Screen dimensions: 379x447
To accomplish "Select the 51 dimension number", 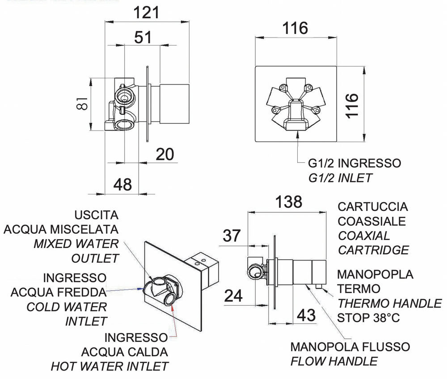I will (143, 38).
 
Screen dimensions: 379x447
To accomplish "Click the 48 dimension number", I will (121, 184).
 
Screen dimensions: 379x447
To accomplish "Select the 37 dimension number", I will (232, 236).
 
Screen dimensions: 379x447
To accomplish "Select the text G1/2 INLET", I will (340, 178).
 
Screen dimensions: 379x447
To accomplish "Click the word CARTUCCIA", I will (373, 207).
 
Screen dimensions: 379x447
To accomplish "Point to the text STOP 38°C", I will (368, 318).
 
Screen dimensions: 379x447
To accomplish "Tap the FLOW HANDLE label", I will (334, 361).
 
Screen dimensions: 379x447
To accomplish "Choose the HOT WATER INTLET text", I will (110, 366).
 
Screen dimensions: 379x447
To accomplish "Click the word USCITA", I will (97, 215).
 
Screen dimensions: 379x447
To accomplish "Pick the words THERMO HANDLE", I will (389, 303).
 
